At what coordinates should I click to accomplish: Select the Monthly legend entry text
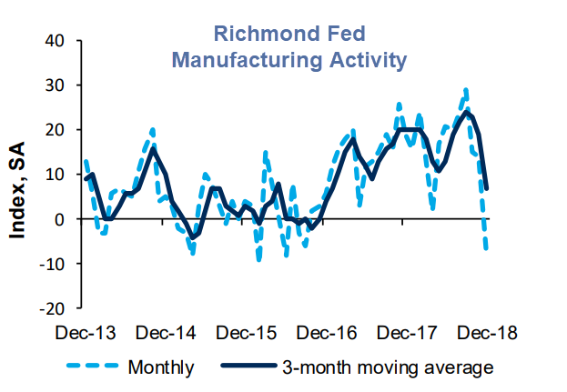coord(161,367)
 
